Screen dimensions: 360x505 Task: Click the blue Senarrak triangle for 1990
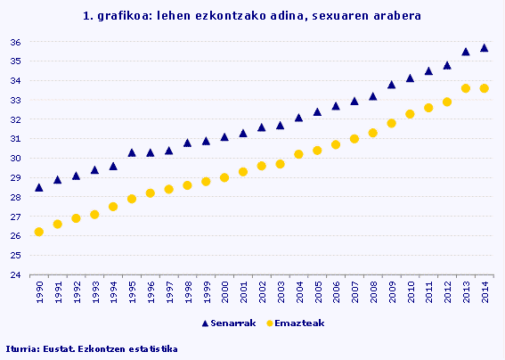[x=38, y=188]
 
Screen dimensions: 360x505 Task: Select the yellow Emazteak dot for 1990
[x=38, y=232]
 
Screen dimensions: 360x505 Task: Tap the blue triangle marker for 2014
[x=485, y=48]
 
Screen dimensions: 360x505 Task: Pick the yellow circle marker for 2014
[x=485, y=88]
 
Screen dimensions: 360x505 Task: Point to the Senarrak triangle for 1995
[x=132, y=152]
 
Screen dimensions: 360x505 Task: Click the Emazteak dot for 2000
[x=224, y=177]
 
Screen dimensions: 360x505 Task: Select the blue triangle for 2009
[x=391, y=85]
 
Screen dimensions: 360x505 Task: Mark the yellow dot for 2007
[x=354, y=139]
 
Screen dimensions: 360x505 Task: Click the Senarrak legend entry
[x=229, y=323]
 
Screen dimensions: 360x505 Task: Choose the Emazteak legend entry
[x=285, y=323]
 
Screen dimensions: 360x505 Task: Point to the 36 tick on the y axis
[x=15, y=42]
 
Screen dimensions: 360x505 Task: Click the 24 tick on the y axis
[x=15, y=275]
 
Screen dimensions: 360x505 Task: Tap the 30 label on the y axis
[x=15, y=159]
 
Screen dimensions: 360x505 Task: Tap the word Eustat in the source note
[x=57, y=348]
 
